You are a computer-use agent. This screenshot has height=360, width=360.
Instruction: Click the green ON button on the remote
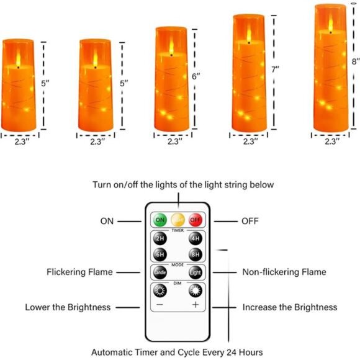click(x=160, y=220)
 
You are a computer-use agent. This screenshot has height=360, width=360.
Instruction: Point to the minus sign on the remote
click(x=160, y=305)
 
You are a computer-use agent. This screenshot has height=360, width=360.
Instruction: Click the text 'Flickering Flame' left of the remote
click(x=79, y=272)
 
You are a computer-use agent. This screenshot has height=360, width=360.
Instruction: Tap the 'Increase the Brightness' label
click(x=290, y=307)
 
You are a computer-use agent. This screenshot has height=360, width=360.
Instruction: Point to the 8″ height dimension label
click(x=355, y=61)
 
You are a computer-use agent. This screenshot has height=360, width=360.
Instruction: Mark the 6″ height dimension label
click(x=197, y=76)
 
